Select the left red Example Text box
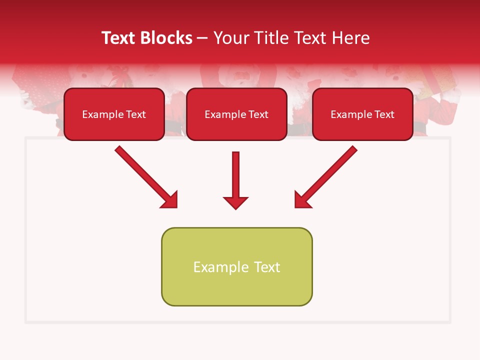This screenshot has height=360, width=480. (x=114, y=114)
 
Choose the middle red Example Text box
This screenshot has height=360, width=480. (x=236, y=114)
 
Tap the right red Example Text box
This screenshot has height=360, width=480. (x=362, y=114)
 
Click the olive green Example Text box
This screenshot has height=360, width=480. (x=236, y=266)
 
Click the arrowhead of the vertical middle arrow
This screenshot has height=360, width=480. (x=235, y=202)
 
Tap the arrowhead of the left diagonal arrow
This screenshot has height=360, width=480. (x=170, y=200)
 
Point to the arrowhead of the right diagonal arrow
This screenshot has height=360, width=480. (x=302, y=200)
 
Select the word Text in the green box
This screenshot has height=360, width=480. (x=267, y=267)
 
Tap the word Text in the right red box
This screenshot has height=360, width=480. (x=384, y=114)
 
